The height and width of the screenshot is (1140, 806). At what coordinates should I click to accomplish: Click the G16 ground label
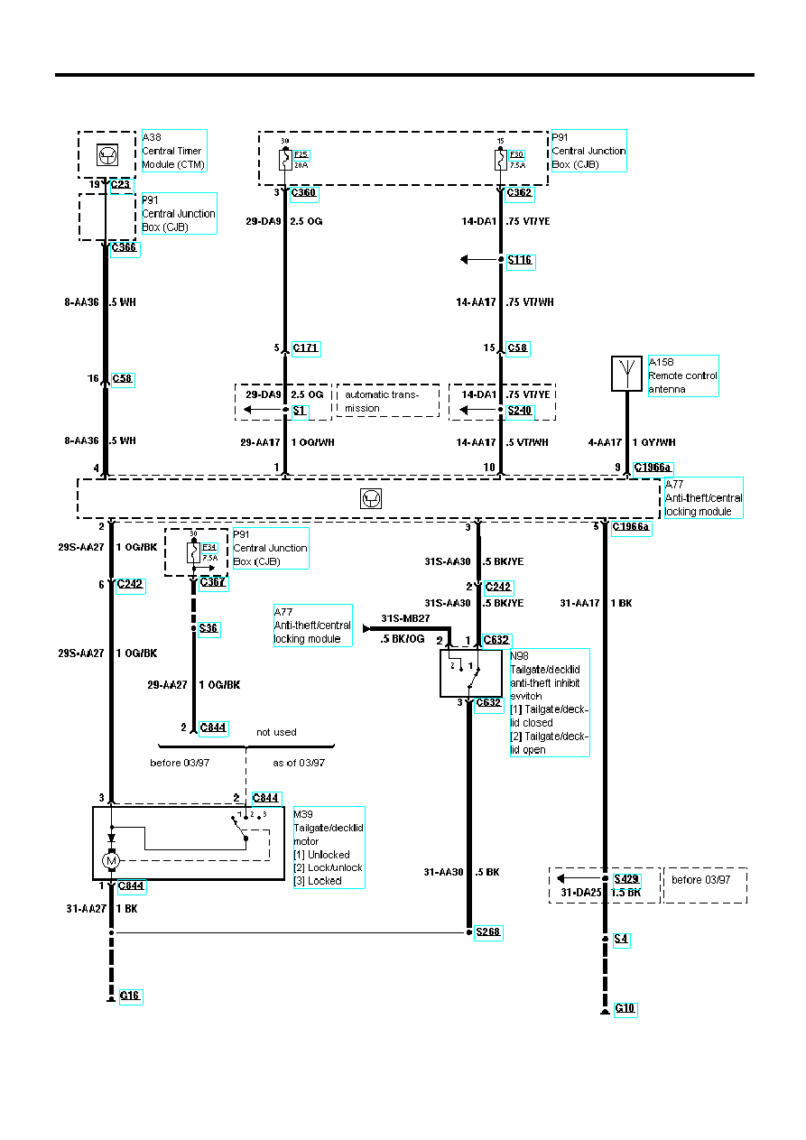point(131,996)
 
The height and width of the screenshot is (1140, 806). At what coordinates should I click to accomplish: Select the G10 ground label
point(625,1008)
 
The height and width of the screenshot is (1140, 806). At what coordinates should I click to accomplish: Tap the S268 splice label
point(488,932)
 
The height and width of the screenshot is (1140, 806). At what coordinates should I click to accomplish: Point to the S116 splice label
point(520,260)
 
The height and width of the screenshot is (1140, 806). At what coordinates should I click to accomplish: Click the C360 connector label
point(304,192)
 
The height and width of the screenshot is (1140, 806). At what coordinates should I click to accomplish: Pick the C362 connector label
point(520,192)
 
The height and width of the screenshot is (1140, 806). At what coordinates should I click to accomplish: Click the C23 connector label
point(120,185)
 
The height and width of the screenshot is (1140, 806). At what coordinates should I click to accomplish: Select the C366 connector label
point(125,248)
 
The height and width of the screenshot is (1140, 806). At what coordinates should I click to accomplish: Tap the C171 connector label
point(306,348)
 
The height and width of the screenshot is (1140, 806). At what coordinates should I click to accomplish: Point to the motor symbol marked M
point(111,861)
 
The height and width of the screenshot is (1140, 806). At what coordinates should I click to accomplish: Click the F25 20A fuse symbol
point(285,160)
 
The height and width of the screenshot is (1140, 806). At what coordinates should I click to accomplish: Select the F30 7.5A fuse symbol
point(501,160)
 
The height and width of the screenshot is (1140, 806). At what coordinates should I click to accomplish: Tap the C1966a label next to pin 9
point(653,468)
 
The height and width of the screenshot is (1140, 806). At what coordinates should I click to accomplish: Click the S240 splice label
point(520,410)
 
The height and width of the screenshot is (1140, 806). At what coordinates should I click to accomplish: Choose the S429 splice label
point(626,878)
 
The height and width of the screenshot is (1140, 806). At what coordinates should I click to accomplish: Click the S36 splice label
point(208,627)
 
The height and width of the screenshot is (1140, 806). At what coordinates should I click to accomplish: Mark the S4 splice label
point(621,939)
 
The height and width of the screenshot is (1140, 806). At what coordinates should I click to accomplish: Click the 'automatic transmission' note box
point(387,401)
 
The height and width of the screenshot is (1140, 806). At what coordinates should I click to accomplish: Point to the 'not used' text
point(276,732)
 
